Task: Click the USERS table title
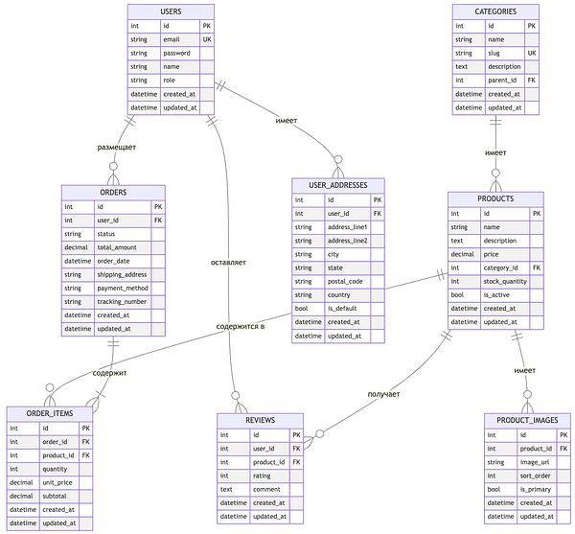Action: coord(172,11)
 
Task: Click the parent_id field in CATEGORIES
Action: coord(504,81)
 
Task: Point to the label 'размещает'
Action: coord(117,147)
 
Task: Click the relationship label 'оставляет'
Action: coord(229,262)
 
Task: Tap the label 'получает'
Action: coord(383,394)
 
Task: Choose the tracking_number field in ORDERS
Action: coord(122,301)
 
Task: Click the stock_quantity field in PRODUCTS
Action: coord(506,282)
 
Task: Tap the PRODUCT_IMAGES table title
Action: coord(527,421)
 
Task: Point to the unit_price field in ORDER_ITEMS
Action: coord(57,482)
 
